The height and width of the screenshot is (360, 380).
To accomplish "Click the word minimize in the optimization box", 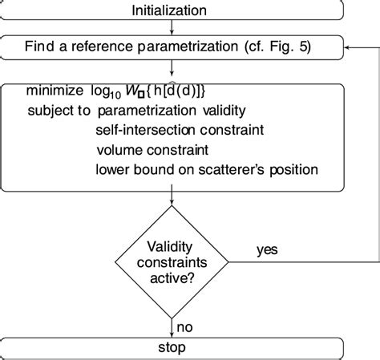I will tap(55, 90).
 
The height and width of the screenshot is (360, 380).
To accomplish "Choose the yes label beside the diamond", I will tap(267, 249).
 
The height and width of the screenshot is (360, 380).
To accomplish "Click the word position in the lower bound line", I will tap(297, 168).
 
